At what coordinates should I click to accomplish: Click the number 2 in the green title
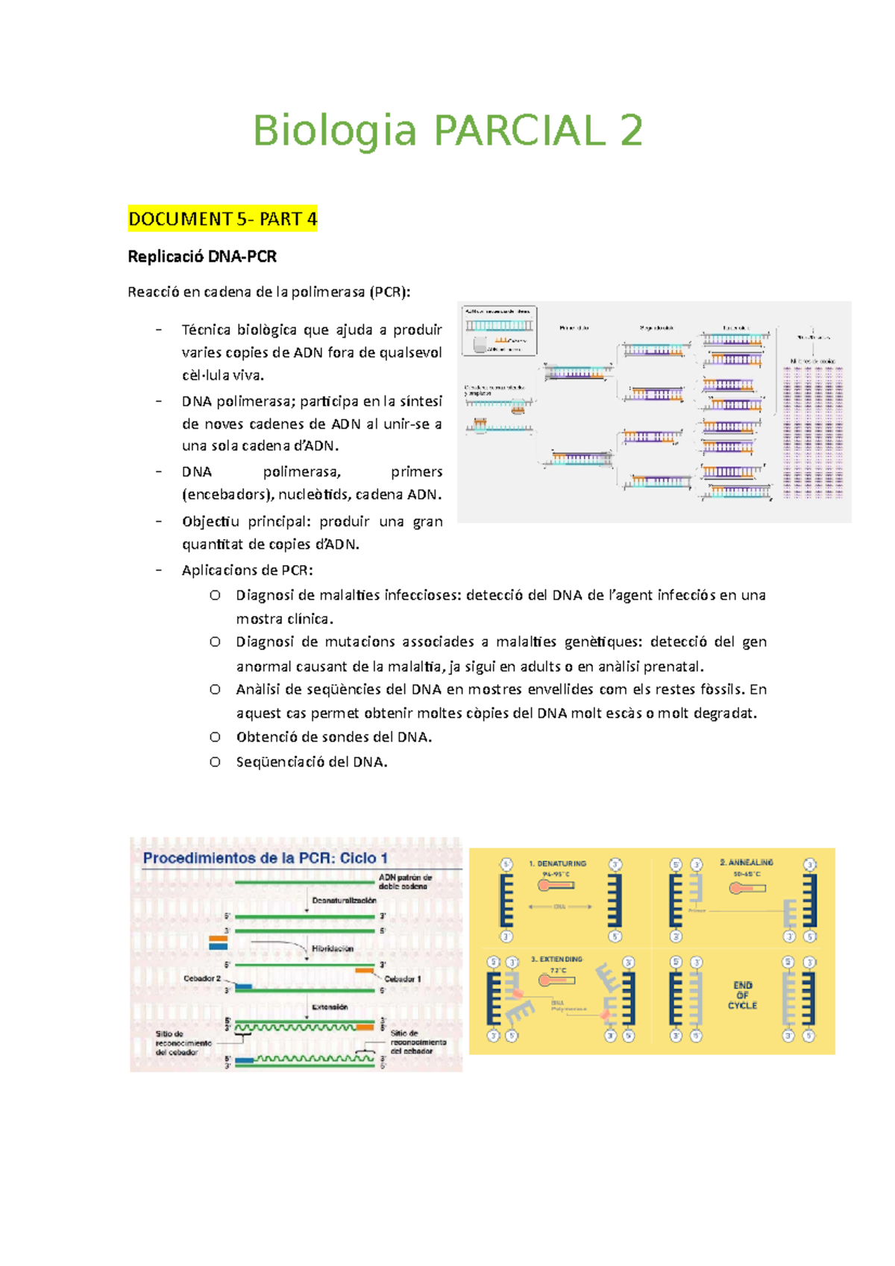[631, 131]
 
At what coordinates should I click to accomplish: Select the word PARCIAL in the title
[520, 131]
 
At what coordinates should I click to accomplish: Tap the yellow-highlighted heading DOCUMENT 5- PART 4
[222, 219]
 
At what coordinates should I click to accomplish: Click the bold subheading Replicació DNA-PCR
[202, 256]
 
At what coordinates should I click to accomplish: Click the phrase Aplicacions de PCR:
[248, 570]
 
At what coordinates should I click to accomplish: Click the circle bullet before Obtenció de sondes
[215, 737]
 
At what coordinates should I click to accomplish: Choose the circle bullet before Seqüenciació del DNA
[215, 762]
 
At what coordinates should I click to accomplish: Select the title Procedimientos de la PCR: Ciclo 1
[266, 858]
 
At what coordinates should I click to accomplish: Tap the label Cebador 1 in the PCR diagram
[403, 979]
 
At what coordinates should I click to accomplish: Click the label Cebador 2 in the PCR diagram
[202, 978]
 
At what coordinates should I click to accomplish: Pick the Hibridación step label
[333, 948]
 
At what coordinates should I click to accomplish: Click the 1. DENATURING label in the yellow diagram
[557, 863]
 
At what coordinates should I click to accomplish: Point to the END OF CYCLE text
[742, 995]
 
